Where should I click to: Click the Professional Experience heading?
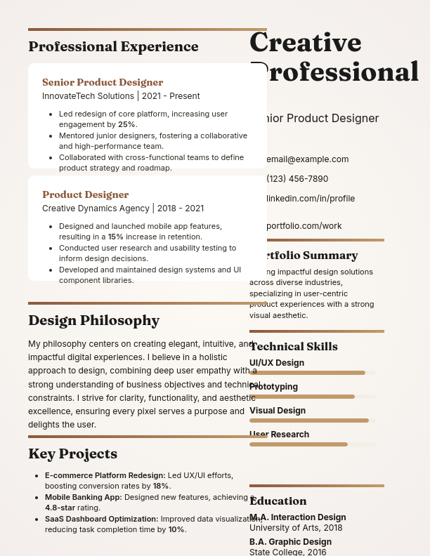(x=113, y=47)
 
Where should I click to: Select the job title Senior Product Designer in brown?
(x=103, y=82)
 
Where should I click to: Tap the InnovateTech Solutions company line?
(x=121, y=96)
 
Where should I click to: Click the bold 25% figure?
(x=126, y=124)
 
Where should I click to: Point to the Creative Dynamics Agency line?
(x=123, y=208)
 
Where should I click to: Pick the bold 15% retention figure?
(x=115, y=237)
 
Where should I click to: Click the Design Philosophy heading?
(x=93, y=321)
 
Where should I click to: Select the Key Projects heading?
(x=72, y=454)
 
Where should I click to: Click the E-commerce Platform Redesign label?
(x=105, y=475)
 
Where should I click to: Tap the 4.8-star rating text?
(x=59, y=508)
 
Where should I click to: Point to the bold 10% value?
(x=176, y=529)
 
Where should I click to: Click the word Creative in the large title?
(x=305, y=43)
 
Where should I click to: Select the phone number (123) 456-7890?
(x=297, y=179)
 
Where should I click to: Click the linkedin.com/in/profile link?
(x=310, y=199)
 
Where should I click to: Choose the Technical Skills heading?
(x=294, y=347)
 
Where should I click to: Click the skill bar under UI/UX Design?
(x=307, y=373)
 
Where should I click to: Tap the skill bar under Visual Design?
(x=309, y=421)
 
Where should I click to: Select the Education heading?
(x=278, y=501)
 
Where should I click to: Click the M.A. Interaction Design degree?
(x=297, y=517)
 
